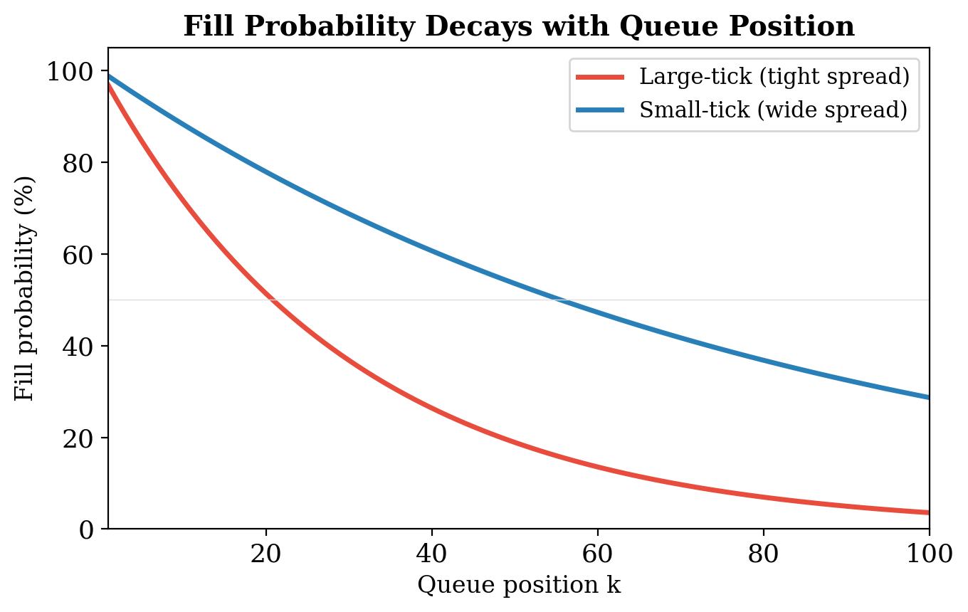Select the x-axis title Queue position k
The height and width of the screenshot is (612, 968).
point(519,585)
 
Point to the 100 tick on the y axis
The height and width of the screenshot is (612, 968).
point(70,71)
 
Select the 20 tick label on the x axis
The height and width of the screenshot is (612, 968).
point(266,554)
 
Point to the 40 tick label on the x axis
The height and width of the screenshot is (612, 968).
point(432,554)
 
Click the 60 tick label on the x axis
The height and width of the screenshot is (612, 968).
point(598,554)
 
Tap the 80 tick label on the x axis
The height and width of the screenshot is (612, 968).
point(764,554)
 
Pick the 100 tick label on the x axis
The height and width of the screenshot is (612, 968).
point(928,554)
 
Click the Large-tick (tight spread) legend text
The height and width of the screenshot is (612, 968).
point(774,77)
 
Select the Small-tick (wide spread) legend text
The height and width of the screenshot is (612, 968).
point(773,110)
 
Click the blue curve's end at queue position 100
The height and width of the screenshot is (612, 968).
point(929,397)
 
